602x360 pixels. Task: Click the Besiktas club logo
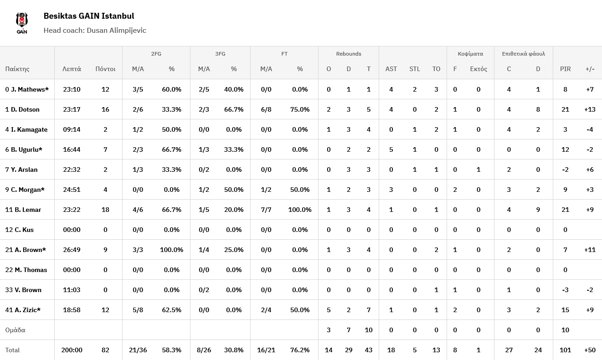[22, 23]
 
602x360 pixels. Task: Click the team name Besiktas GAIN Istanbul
[89, 16]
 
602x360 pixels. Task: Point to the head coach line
[95, 31]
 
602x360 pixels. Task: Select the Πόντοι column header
[105, 69]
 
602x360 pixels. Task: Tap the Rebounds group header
[349, 54]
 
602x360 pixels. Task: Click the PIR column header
[565, 69]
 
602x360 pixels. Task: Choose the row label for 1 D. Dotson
[22, 109]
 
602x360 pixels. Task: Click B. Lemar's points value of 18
[105, 210]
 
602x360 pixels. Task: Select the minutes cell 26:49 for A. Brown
[72, 250]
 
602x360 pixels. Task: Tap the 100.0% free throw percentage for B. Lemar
[300, 210]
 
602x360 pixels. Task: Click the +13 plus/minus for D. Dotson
[590, 109]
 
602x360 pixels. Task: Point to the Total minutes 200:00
[72, 350]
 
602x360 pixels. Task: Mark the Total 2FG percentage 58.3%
[171, 350]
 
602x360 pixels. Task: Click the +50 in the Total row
[590, 350]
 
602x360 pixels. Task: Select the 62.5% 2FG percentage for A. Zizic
[171, 310]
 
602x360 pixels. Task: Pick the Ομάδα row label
[15, 330]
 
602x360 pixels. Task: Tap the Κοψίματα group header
[470, 54]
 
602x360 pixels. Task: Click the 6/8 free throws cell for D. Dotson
[266, 109]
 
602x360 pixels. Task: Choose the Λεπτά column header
[72, 69]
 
